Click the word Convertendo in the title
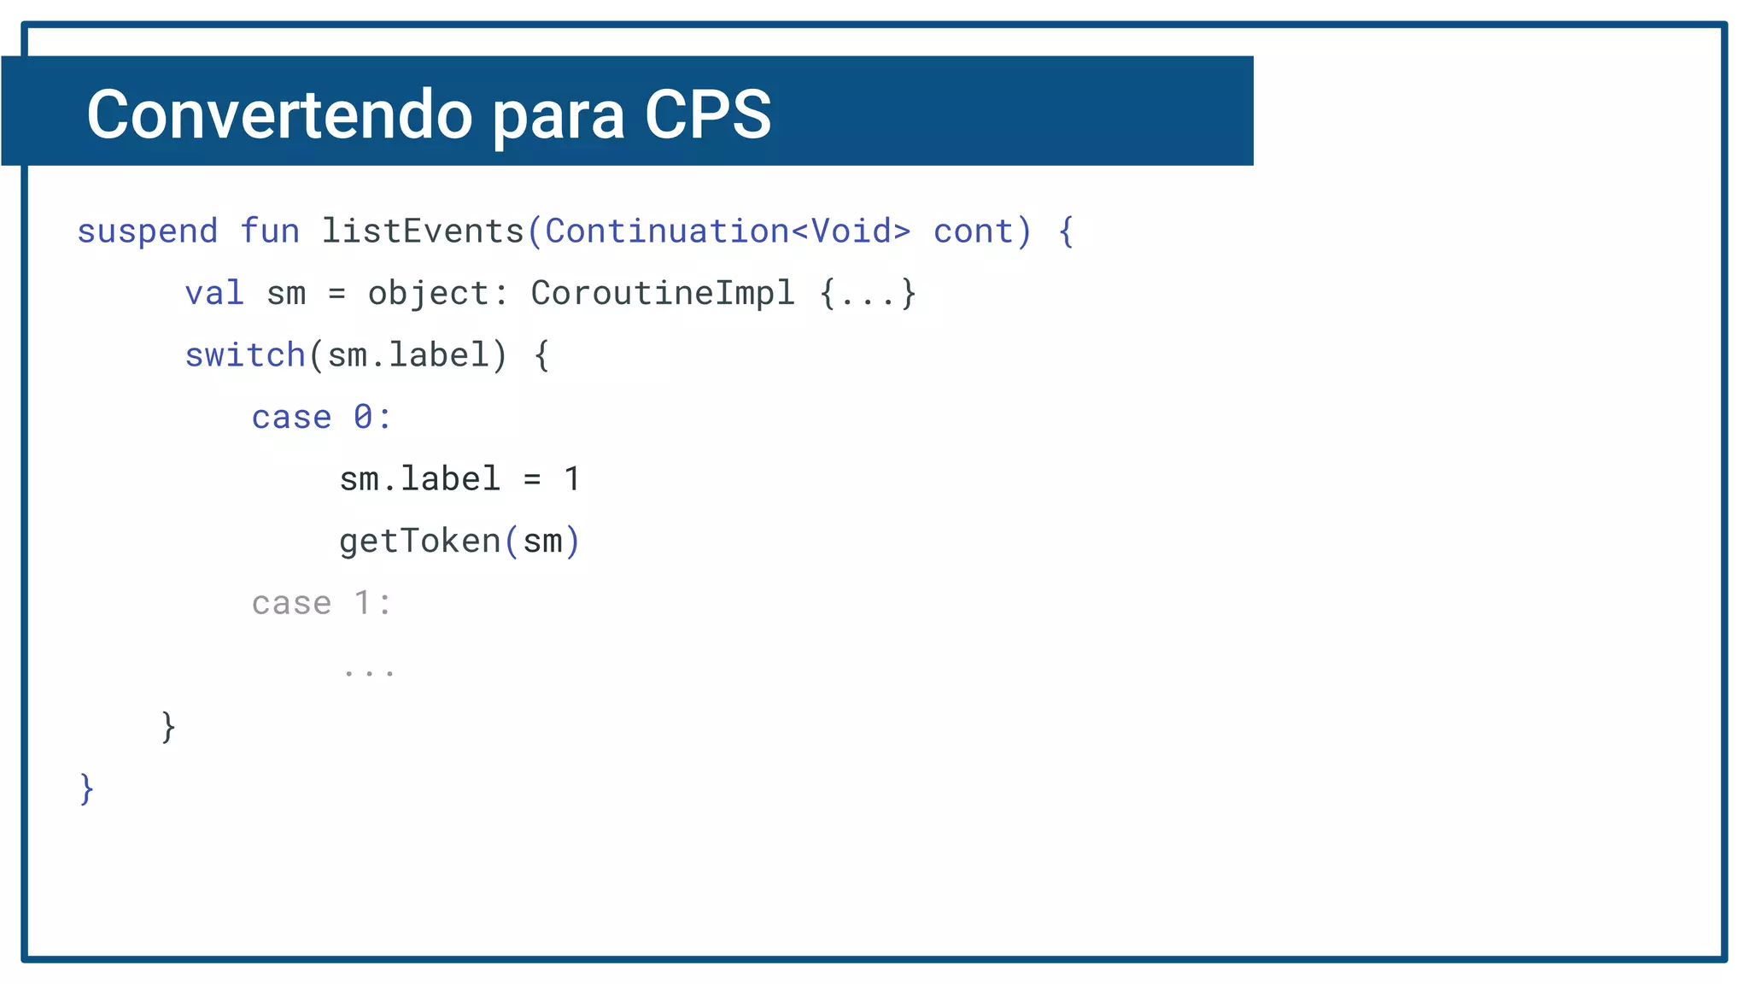click(279, 114)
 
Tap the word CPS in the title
click(708, 114)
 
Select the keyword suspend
click(147, 232)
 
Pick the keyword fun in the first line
click(270, 231)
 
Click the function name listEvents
click(423, 231)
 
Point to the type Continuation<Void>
click(728, 231)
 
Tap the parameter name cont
click(973, 232)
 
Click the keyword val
click(214, 294)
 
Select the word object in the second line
click(428, 294)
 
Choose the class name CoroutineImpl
click(663, 294)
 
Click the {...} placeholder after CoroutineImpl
click(868, 294)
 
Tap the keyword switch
click(245, 355)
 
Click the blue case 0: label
click(321, 418)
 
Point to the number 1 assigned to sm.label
click(572, 479)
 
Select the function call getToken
click(419, 542)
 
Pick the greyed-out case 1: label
click(321, 604)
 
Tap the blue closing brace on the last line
click(86, 788)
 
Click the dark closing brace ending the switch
click(168, 727)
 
